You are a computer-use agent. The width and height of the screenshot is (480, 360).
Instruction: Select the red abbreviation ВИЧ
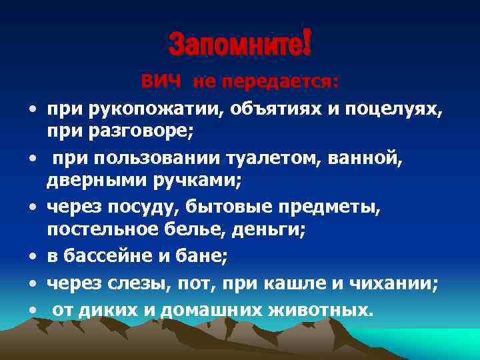[161, 82]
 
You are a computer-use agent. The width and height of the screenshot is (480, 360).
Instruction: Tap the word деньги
[275, 229]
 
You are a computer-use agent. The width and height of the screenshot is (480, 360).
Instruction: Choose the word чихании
[400, 285]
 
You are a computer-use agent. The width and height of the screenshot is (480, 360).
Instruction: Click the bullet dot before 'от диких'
[32, 311]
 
